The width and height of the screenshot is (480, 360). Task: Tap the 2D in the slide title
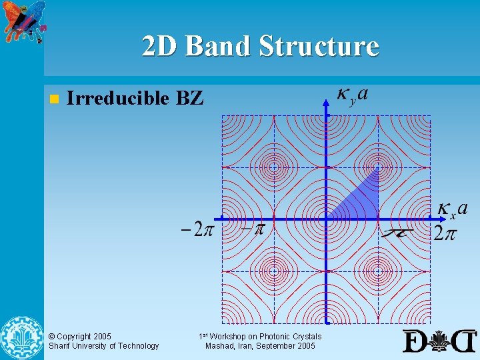160,47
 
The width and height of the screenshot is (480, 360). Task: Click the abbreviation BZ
190,99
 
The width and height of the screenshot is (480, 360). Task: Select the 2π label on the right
445,233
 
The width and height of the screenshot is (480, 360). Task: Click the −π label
253,229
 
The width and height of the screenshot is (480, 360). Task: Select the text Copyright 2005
80,337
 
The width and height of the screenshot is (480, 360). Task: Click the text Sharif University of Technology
103,346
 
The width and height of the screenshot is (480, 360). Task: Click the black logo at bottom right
440,341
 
